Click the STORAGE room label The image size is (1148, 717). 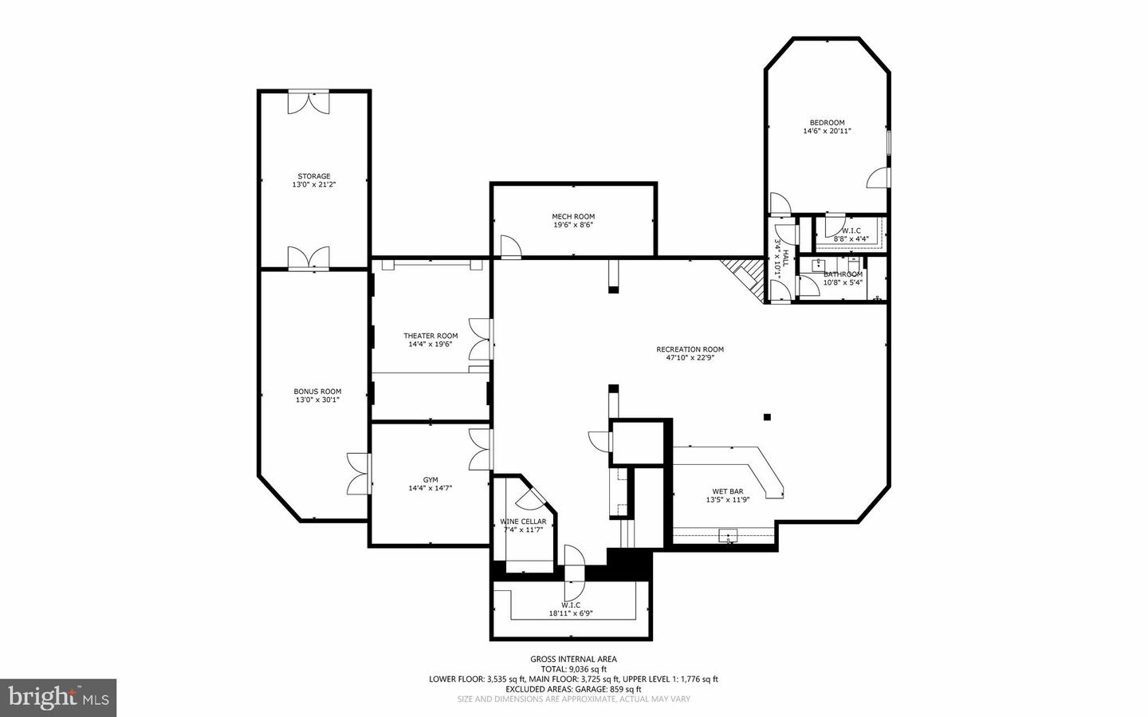pyautogui.click(x=313, y=176)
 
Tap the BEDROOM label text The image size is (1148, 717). pyautogui.click(x=827, y=123)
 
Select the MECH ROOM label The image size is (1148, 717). pyautogui.click(x=573, y=216)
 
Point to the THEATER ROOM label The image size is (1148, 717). pyautogui.click(x=431, y=336)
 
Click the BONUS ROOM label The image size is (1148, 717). pyautogui.click(x=317, y=392)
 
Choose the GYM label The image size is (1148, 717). pyautogui.click(x=431, y=479)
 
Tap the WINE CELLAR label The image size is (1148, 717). pyautogui.click(x=523, y=522)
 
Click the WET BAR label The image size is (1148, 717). pyautogui.click(x=727, y=491)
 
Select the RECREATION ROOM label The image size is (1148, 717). pyautogui.click(x=690, y=349)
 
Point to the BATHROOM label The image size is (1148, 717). pyautogui.click(x=843, y=274)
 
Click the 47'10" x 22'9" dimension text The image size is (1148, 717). pyautogui.click(x=690, y=358)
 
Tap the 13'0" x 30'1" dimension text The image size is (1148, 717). pyautogui.click(x=317, y=400)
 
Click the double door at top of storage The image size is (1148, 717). pyautogui.click(x=308, y=101)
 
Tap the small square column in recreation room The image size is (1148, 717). pyautogui.click(x=767, y=416)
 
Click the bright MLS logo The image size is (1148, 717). pyautogui.click(x=58, y=698)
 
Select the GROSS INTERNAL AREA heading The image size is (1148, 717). pyautogui.click(x=573, y=659)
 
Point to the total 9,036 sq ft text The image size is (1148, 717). pyautogui.click(x=573, y=669)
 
